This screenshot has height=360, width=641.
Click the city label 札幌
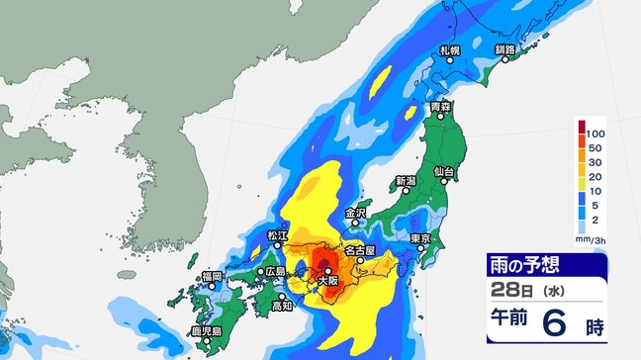[452, 48]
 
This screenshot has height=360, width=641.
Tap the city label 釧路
[504, 48]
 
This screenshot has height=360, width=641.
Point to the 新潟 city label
[407, 181]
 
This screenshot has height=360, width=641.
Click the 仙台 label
[446, 172]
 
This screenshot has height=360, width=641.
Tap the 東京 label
[420, 238]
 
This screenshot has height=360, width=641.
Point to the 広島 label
[276, 271]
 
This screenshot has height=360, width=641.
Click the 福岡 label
[211, 275]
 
